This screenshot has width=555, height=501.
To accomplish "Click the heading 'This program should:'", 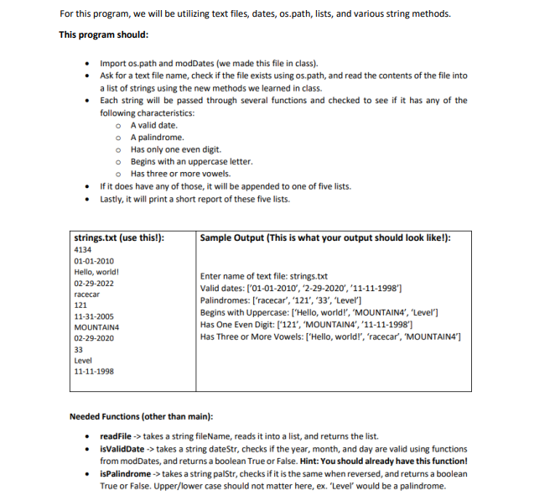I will pyautogui.click(x=104, y=34).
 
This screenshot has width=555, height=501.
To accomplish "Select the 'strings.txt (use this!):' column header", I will pyautogui.click(x=118, y=237).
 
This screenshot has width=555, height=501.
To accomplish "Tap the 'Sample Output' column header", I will pyautogui.click(x=325, y=237).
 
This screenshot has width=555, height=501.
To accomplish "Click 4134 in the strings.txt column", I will pyautogui.click(x=83, y=250).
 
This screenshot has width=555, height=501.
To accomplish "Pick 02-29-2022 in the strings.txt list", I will pyautogui.click(x=93, y=284).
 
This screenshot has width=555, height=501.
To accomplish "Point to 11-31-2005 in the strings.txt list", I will pyautogui.click(x=93, y=316).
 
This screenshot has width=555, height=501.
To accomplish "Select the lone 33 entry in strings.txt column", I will pyautogui.click(x=79, y=348).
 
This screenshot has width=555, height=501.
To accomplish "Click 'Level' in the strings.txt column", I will pyautogui.click(x=83, y=359).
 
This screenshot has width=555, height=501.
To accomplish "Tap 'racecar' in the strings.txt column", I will pyautogui.click(x=87, y=295).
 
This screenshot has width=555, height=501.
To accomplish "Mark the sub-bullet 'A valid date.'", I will pyautogui.click(x=154, y=125).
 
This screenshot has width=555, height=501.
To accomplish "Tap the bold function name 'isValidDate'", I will pyautogui.click(x=122, y=449).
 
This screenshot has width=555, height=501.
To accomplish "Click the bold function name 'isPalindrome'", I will pyautogui.click(x=126, y=473).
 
